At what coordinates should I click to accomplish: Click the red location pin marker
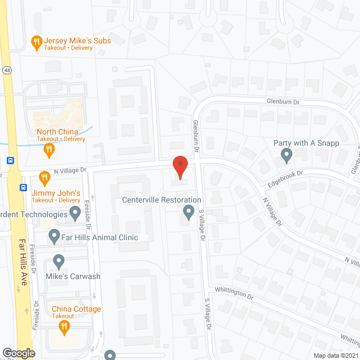pyautogui.click(x=179, y=167)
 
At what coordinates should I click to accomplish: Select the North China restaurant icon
pyautogui.click(x=49, y=149)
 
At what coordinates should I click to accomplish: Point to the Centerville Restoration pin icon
pyautogui.click(x=188, y=212)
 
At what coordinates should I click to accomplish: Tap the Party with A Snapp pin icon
pyautogui.click(x=286, y=154)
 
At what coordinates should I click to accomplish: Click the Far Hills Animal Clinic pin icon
pyautogui.click(x=54, y=237)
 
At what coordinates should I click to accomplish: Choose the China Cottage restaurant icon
pyautogui.click(x=65, y=326)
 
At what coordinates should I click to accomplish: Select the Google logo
pyautogui.click(x=18, y=353)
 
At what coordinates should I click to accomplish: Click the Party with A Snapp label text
pyautogui.click(x=307, y=143)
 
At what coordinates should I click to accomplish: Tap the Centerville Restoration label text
pyautogui.click(x=162, y=200)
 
